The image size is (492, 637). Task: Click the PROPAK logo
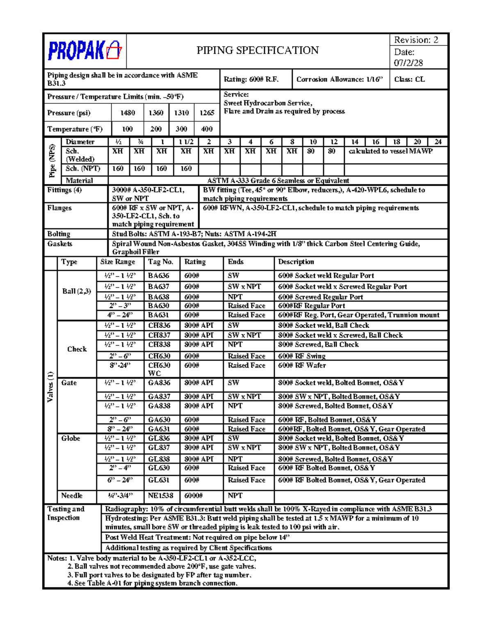point(84,51)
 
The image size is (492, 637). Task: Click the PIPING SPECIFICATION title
point(257,50)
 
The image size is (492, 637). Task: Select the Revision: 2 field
point(416,40)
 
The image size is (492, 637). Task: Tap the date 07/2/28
point(408,63)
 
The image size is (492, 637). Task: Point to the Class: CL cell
point(409,80)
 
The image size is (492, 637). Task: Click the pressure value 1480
point(128,113)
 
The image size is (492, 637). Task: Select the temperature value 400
point(207,129)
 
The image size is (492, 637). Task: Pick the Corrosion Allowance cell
point(339,80)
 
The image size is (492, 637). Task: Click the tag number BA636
point(159,276)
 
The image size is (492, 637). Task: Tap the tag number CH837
point(159,335)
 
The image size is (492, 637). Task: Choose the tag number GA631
point(159,429)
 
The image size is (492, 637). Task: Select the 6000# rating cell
point(194,495)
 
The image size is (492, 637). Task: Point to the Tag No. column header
point(160,262)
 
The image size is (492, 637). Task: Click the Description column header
point(296,262)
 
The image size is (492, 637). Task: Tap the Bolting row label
point(59,234)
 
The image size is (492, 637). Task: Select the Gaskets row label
point(59,244)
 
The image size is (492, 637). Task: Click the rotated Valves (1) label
point(50,387)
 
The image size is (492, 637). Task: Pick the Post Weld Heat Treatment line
point(197,537)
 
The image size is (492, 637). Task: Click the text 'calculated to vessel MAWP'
point(390,151)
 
